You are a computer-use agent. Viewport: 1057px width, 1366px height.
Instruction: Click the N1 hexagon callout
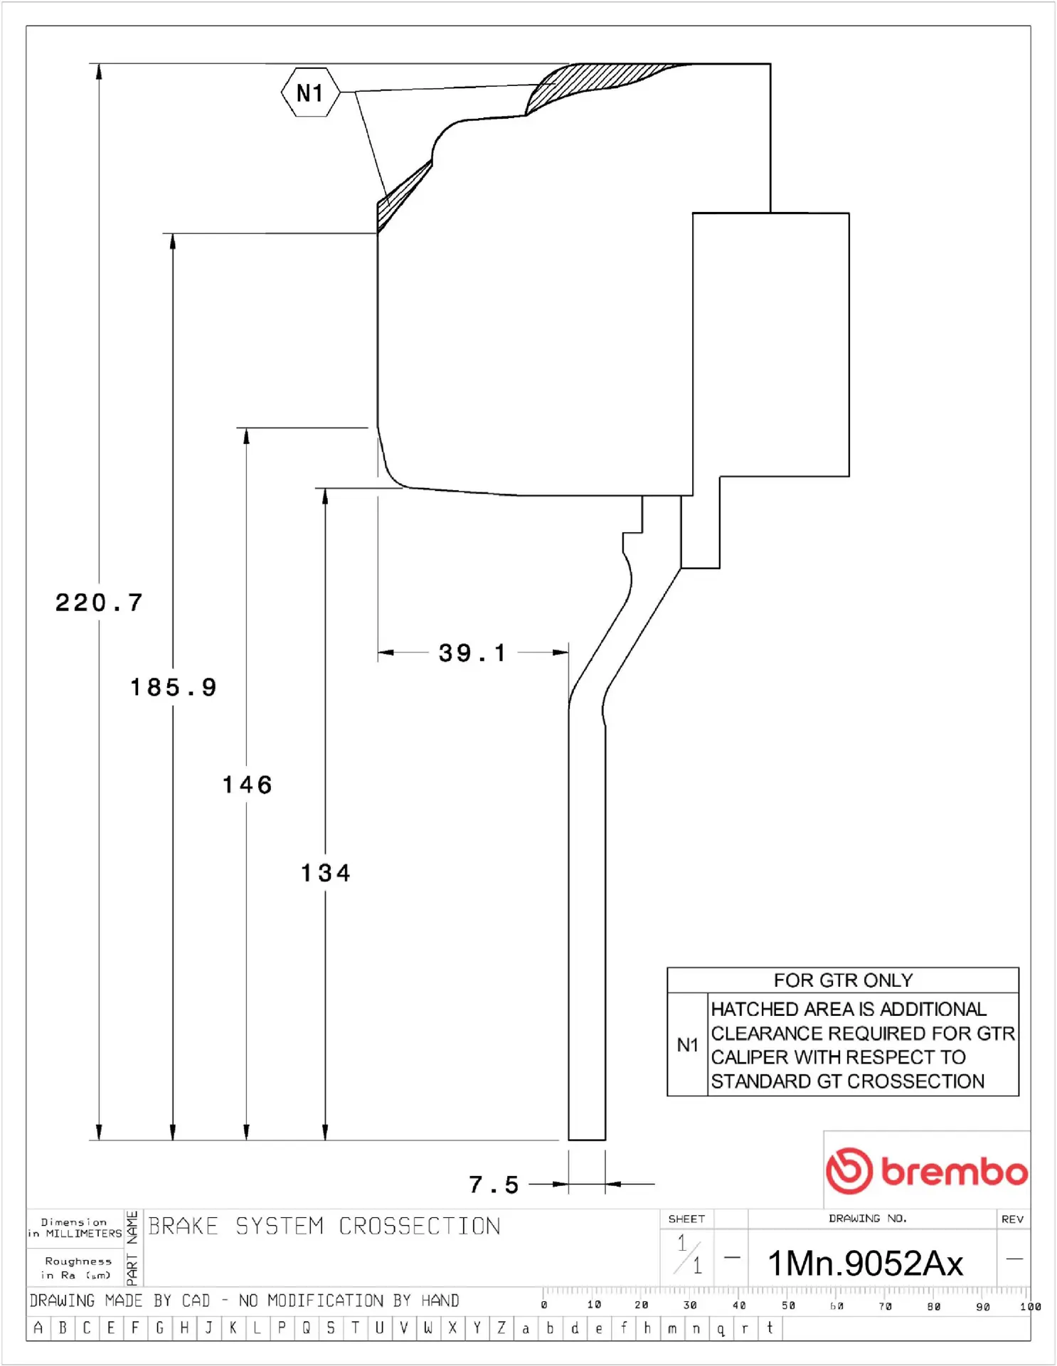[x=310, y=92]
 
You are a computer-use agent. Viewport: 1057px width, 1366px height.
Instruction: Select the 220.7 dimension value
[x=100, y=603]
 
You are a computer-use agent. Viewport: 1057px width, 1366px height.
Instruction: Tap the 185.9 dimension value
[x=174, y=687]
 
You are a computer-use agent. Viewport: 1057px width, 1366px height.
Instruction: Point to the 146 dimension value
[x=248, y=785]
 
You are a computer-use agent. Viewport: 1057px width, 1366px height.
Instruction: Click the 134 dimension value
[x=326, y=873]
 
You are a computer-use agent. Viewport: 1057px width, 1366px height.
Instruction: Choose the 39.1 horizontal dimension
[x=472, y=653]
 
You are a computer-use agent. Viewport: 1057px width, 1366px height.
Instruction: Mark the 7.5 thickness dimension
[x=494, y=1185]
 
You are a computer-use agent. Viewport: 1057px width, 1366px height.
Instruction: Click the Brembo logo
[x=927, y=1170]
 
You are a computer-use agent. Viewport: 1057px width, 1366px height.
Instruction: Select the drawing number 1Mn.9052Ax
[x=866, y=1264]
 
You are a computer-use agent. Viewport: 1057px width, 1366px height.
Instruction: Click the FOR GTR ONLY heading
[x=843, y=980]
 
